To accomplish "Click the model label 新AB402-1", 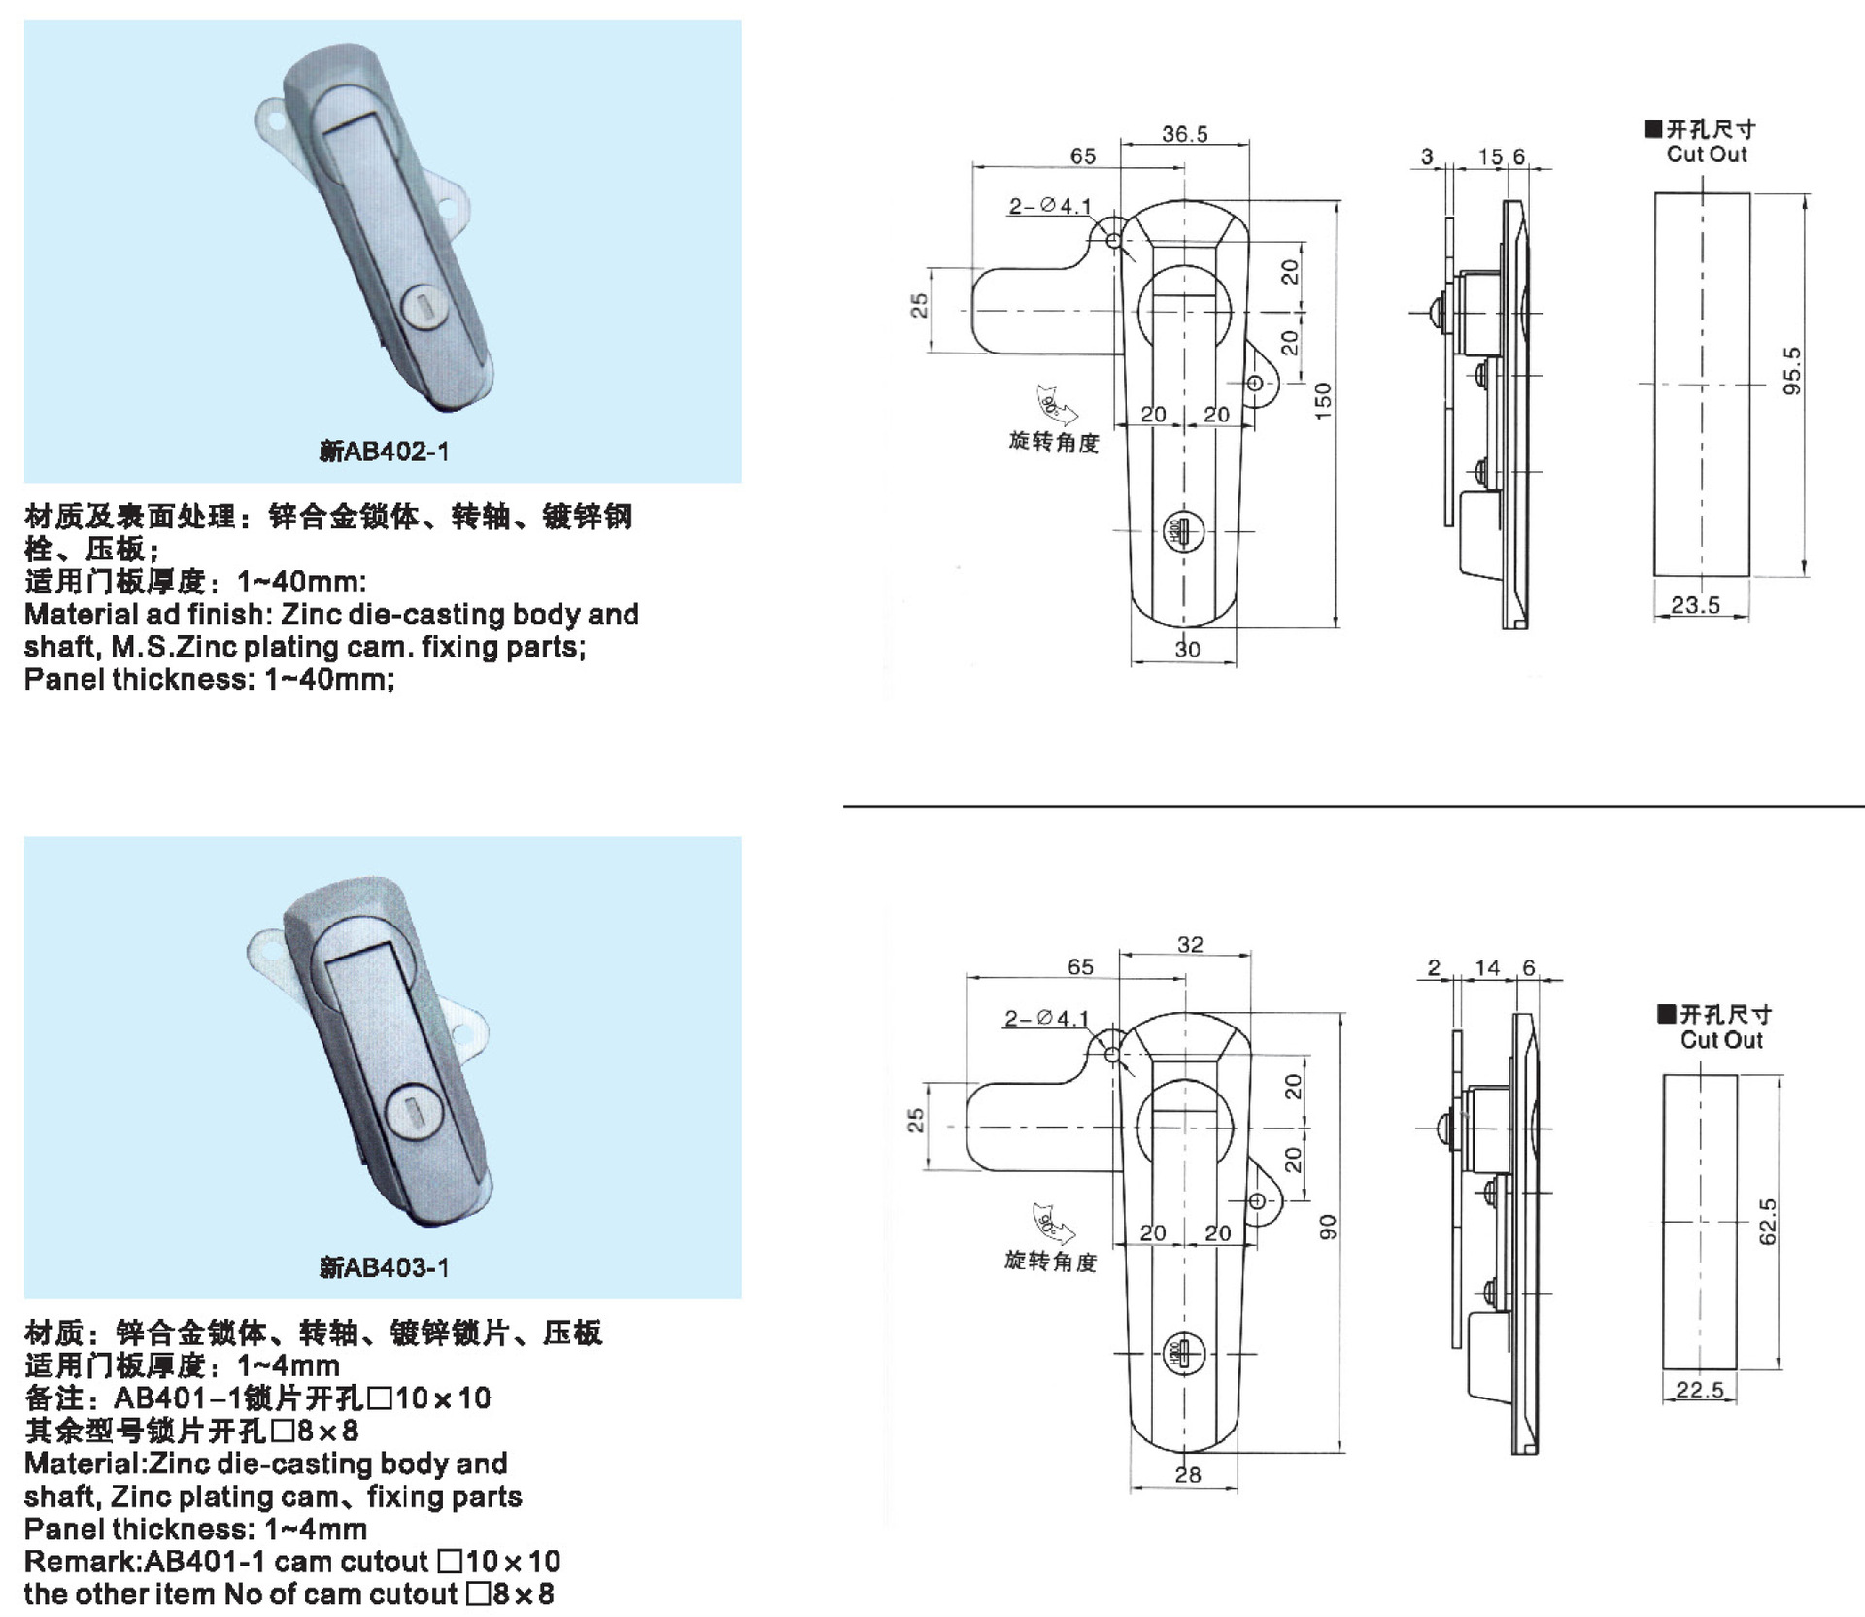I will tap(384, 452).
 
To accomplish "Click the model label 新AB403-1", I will tap(384, 1267).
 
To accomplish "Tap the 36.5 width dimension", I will tap(1185, 134).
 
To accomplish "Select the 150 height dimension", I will tap(1322, 400).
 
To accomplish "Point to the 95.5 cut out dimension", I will tap(1792, 370).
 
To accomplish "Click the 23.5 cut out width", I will tap(1695, 605).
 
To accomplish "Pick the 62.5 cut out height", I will tap(1767, 1221).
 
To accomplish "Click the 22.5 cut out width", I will tap(1699, 1390).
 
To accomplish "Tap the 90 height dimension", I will tap(1327, 1227).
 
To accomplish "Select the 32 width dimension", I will tap(1190, 944).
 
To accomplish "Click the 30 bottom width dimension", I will tap(1187, 649).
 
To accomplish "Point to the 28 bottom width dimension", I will tap(1187, 1474).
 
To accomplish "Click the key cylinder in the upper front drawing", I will tap(1183, 532).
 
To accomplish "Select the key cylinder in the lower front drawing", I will tap(1183, 1354).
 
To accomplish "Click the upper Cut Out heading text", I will tap(1706, 154).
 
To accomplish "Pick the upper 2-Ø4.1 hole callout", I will tap(1049, 206).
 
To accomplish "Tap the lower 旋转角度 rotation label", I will tap(1050, 1261).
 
